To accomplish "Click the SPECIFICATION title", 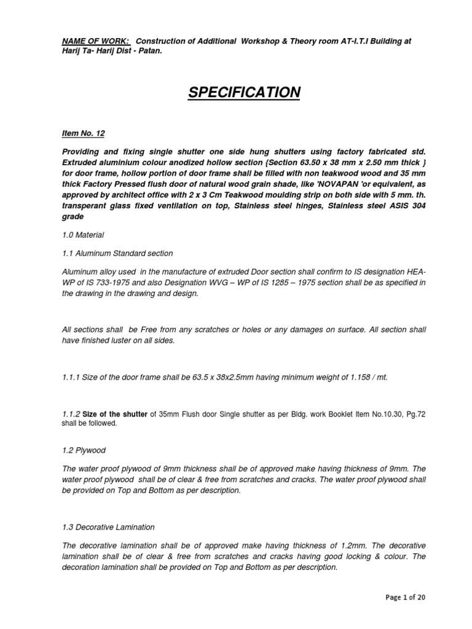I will [x=244, y=93].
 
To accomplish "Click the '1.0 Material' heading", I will [x=83, y=235].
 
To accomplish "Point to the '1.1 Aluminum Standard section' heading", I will [x=117, y=253].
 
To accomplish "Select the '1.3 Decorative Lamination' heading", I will [x=108, y=527].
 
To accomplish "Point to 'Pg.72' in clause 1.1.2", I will [x=415, y=414].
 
